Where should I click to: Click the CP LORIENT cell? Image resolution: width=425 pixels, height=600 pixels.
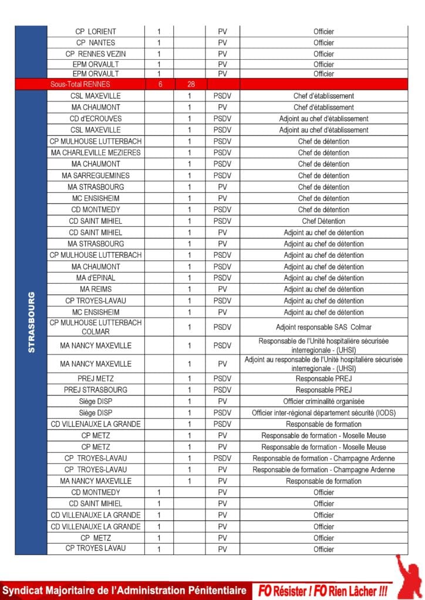96,31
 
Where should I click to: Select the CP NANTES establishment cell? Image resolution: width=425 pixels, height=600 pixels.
96,43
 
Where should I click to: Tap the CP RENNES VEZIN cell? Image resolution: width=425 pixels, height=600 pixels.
96,54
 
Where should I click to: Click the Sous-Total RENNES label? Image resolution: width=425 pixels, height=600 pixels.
80,84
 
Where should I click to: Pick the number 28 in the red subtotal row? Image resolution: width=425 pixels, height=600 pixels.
190,84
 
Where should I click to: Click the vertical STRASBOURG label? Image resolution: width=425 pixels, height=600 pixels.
32,322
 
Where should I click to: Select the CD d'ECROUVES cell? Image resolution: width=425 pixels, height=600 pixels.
96,118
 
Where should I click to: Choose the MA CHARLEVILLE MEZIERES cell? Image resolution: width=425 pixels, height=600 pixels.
96,152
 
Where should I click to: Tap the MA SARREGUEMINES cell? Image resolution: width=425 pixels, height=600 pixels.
96,175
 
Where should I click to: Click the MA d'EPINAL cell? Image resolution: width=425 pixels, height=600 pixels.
96,278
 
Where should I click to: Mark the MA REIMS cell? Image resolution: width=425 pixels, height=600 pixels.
96,289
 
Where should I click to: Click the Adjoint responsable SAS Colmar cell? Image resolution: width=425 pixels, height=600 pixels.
323,327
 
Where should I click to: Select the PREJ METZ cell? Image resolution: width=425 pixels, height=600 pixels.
96,379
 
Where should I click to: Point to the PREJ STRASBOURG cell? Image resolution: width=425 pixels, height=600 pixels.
96,390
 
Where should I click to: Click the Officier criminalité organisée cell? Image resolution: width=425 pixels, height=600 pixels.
323,401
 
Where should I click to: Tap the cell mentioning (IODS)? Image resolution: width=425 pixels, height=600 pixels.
323,412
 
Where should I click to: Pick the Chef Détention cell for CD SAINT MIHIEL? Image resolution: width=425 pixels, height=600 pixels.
323,221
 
